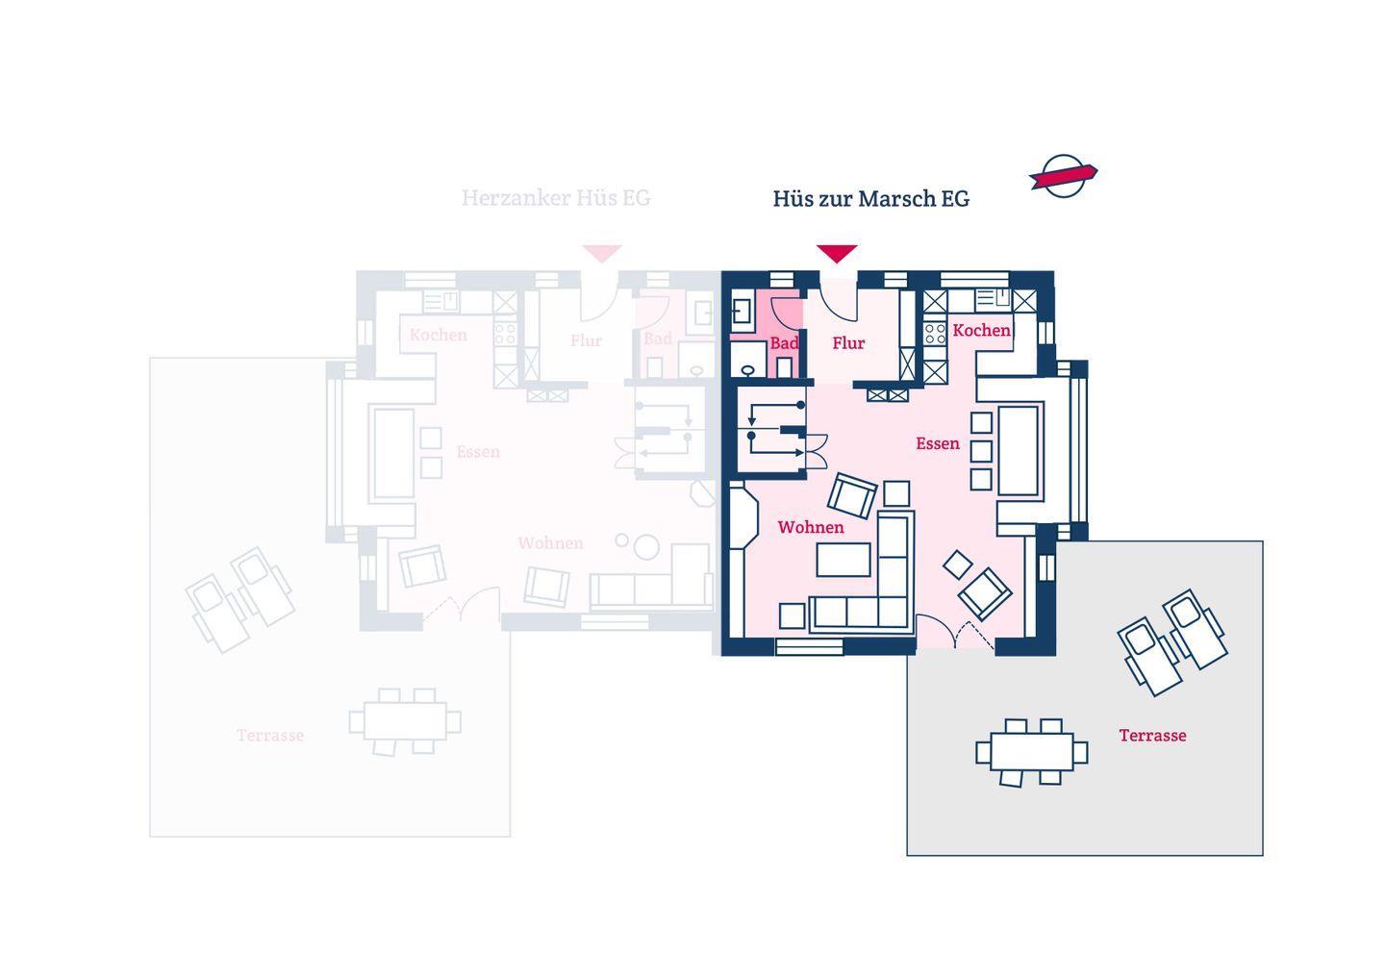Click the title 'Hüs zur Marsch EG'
870,199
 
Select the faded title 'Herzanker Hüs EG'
556,198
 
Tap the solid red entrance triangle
837,253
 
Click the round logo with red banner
1064,176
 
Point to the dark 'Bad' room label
784,343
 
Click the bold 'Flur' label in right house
848,343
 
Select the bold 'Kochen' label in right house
981,331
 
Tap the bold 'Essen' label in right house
937,443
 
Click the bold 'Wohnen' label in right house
811,527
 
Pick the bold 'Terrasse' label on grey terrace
1152,736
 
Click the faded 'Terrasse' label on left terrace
270,736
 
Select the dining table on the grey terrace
1031,751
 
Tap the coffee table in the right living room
844,560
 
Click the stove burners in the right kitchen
935,334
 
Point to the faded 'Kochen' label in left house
438,336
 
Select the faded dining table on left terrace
405,720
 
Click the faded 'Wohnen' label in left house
550,543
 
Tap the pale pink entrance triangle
602,253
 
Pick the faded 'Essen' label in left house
478,452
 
